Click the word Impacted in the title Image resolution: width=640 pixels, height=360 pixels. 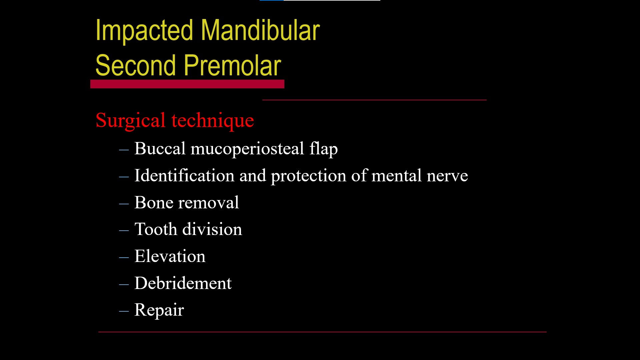coord(144,31)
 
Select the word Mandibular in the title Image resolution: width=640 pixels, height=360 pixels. coord(260,31)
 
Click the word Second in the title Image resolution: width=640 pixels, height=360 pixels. coord(136,66)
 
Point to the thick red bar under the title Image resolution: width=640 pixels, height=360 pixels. coord(187,84)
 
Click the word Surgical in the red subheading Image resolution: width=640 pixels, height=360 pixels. coord(130,120)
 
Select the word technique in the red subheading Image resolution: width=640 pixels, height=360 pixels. coord(213,120)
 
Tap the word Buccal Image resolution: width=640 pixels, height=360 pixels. coord(160,148)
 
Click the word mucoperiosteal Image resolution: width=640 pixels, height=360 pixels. coord(247,148)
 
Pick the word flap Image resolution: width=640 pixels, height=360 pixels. coord(323,148)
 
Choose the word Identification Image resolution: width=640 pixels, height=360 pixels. coord(184,176)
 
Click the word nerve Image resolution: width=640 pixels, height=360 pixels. coord(447,176)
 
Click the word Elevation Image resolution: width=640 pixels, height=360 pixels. coord(170,256)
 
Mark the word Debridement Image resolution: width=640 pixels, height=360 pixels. coord(183,283)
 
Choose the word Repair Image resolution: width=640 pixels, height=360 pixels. coord(159,310)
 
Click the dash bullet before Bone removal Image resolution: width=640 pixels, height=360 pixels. coord(124,203)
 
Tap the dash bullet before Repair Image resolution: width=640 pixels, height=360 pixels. coord(124,311)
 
